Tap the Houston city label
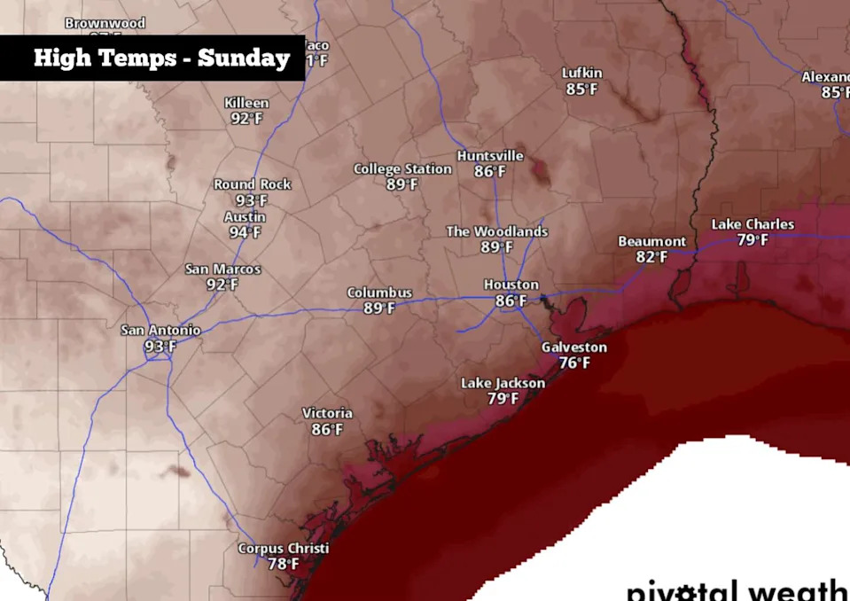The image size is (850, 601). click(x=511, y=285)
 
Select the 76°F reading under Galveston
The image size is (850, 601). click(x=573, y=363)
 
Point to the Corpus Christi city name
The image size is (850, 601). click(x=283, y=548)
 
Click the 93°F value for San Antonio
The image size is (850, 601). click(x=160, y=346)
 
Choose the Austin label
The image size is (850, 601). click(x=244, y=216)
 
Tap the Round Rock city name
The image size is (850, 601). click(x=253, y=184)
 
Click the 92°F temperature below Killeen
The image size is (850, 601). click(x=246, y=119)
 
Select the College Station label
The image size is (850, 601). click(x=402, y=168)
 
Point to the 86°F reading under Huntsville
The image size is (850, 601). click(x=489, y=171)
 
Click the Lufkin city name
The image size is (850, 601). click(x=582, y=73)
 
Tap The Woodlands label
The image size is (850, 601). click(x=496, y=231)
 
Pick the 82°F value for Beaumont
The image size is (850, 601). click(x=651, y=257)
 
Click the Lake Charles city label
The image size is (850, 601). click(x=753, y=224)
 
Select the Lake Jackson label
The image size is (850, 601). click(x=503, y=383)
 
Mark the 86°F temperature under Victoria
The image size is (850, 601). click(x=327, y=430)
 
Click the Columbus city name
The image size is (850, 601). click(x=379, y=293)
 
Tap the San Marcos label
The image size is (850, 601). click(x=222, y=269)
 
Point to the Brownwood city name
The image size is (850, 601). click(x=105, y=23)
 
